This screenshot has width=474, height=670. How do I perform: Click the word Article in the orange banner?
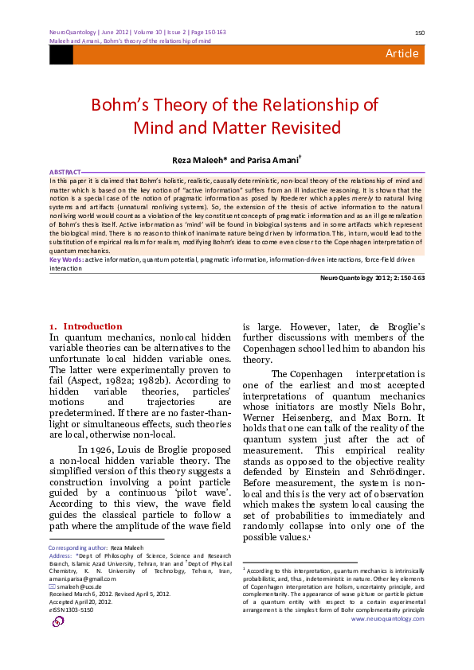(402, 53)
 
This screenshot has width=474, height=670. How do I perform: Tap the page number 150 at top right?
(419, 33)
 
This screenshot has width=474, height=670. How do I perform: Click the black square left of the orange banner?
(61, 54)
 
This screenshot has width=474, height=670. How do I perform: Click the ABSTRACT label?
(65, 172)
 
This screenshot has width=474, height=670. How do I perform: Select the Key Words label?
(66, 259)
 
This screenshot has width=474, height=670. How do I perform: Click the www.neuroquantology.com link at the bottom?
(387, 618)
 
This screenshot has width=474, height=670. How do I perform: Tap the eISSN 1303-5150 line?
(72, 609)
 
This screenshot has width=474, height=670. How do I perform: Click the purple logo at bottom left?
(58, 621)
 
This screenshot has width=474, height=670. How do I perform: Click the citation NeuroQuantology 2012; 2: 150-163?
(372, 277)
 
